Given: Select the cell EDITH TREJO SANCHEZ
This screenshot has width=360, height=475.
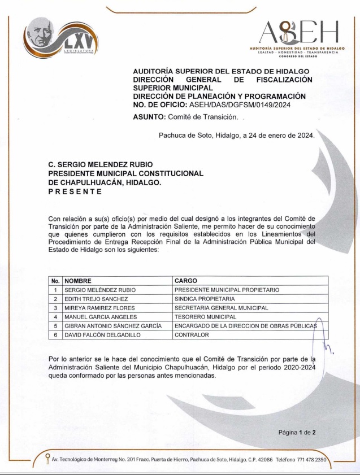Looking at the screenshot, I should (98, 299).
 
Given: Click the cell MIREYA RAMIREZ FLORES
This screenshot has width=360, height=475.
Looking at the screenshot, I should (100, 308).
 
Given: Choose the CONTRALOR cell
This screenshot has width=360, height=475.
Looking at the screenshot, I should (192, 335).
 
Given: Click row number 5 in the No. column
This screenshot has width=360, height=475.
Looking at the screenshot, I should (55, 326).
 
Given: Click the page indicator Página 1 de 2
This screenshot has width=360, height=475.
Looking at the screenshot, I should (297, 433).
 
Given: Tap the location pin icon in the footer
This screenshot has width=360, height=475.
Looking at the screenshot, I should (47, 459).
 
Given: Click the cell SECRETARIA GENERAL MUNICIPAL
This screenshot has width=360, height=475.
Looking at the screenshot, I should (222, 308).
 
